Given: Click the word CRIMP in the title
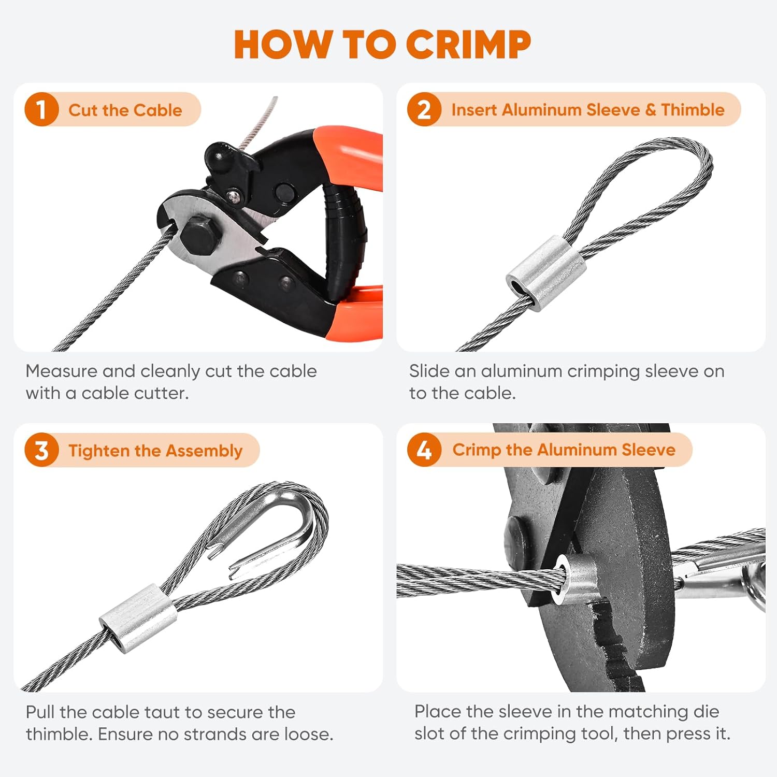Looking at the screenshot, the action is [468, 45].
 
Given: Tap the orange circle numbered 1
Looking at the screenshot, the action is [41, 109].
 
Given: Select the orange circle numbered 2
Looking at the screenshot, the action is [424, 109].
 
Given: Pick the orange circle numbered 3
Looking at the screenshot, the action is [41, 450].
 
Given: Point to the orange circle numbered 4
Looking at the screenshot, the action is [424, 450].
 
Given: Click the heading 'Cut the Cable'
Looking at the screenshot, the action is [125, 110].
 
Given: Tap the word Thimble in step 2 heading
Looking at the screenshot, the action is [693, 110].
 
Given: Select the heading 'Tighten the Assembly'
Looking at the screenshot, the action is [155, 451].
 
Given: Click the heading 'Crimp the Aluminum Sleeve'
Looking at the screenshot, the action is [564, 450].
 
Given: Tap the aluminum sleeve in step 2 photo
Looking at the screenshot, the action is [546, 272].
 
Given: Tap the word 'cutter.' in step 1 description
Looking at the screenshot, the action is [164, 393].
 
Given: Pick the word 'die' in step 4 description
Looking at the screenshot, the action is [706, 712].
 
